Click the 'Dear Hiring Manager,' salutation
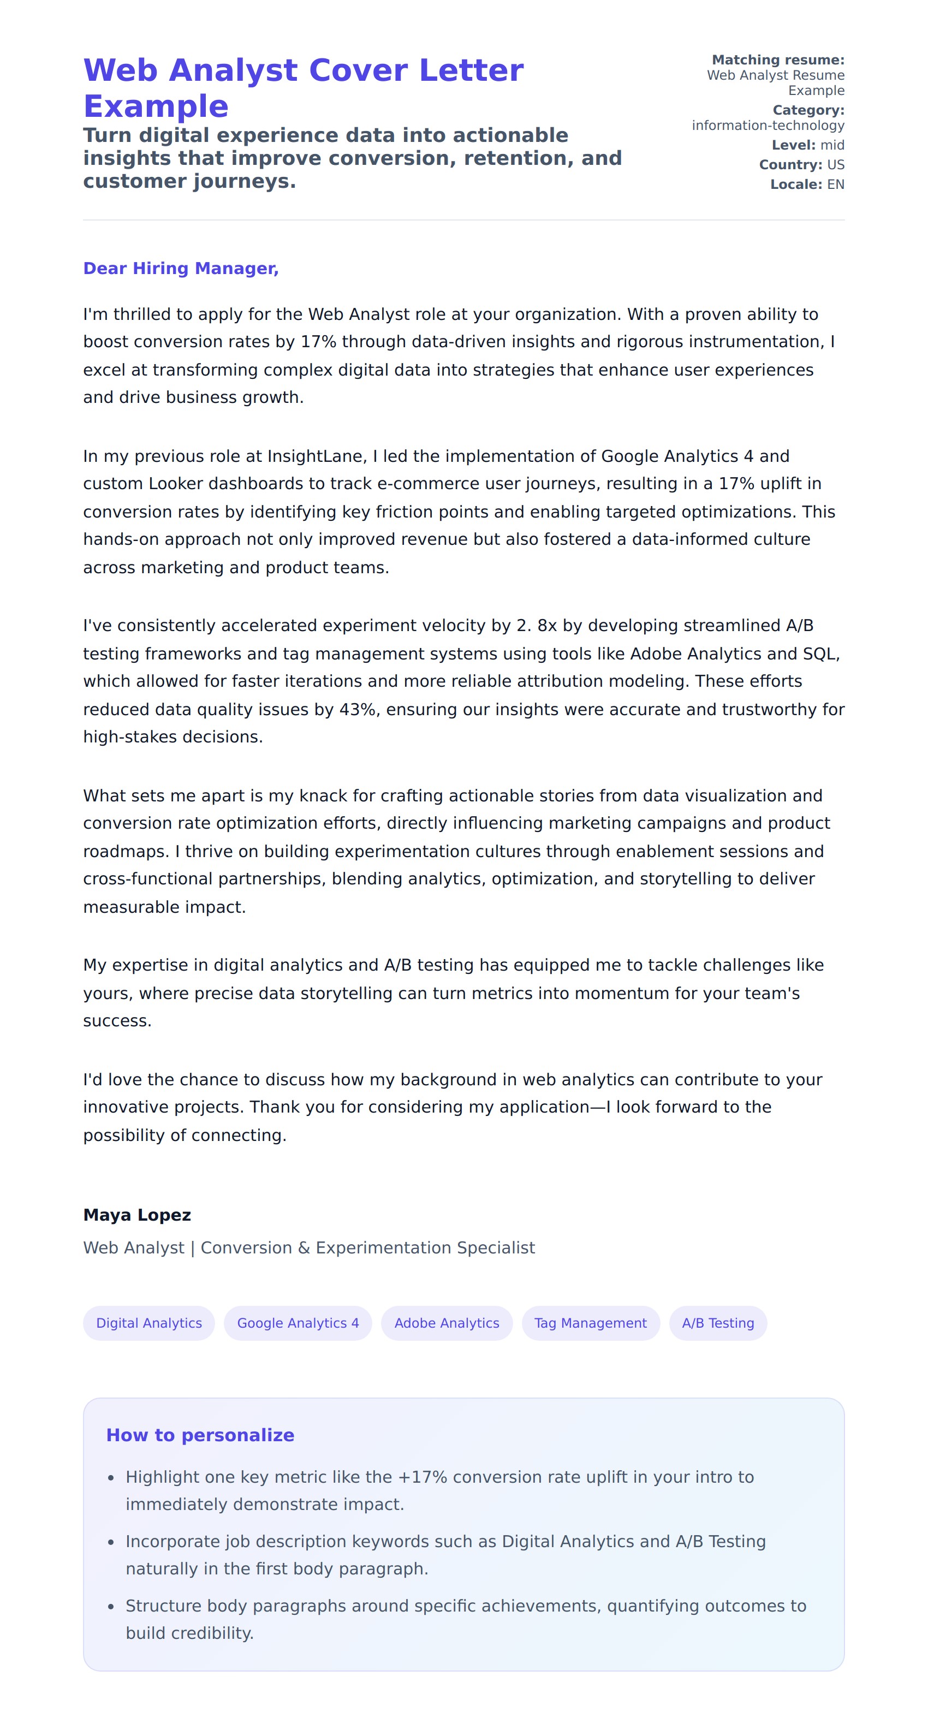(x=181, y=269)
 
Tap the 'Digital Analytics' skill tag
(x=148, y=1323)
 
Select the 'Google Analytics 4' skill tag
(x=298, y=1323)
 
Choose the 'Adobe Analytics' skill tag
(x=447, y=1323)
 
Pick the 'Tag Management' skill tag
(x=590, y=1323)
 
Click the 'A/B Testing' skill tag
(x=717, y=1323)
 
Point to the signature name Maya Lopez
(x=137, y=1215)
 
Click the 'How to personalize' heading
(x=200, y=1435)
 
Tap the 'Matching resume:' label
(x=777, y=60)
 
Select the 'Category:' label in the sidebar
(x=808, y=110)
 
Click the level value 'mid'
(x=832, y=145)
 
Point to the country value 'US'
(x=836, y=165)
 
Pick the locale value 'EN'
(x=836, y=185)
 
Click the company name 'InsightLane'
(x=317, y=456)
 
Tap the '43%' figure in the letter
(x=358, y=709)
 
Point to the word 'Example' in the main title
(x=156, y=106)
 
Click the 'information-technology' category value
(x=768, y=126)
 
